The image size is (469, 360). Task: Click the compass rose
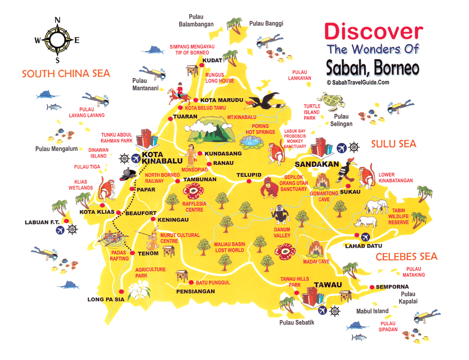(57, 40)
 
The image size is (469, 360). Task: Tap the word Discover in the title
(373, 31)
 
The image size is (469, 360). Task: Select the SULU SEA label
(393, 144)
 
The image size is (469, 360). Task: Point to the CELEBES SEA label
(406, 256)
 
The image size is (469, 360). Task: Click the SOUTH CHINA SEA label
(66, 74)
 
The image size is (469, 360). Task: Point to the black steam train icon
(128, 174)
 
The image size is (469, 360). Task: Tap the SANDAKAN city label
(317, 165)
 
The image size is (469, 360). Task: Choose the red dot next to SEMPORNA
(371, 287)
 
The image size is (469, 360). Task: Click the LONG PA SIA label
(106, 299)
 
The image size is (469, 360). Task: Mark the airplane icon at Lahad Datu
(365, 236)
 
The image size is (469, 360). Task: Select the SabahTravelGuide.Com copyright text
(358, 82)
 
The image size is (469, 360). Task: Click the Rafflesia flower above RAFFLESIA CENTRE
(192, 192)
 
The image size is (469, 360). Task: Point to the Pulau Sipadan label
(389, 326)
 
